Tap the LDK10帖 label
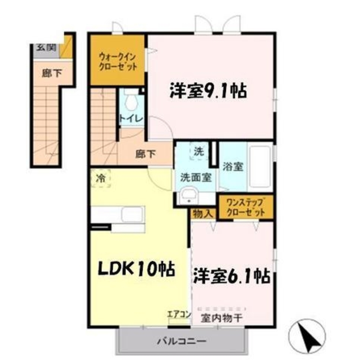(137, 269)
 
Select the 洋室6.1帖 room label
(231, 275)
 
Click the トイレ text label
(131, 119)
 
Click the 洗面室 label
(195, 177)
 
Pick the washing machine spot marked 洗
(199, 151)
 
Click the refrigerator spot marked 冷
(100, 178)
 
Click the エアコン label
(179, 314)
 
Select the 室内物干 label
(221, 318)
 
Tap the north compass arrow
(310, 336)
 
